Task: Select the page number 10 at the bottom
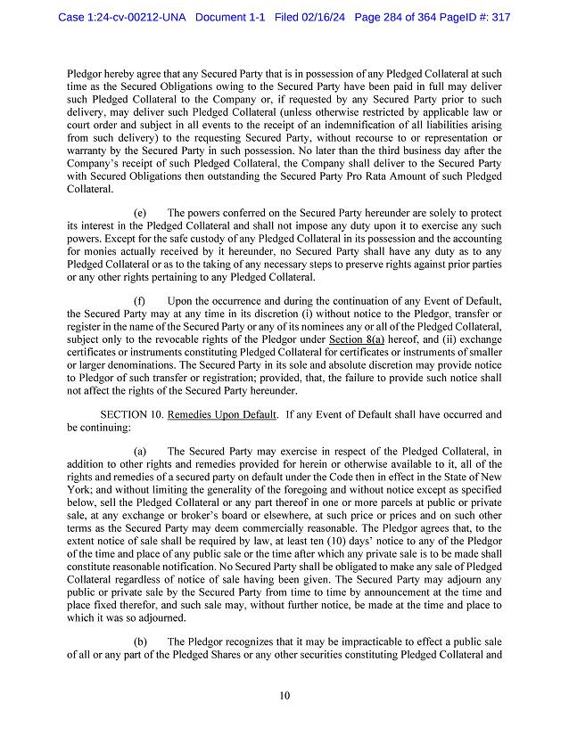click(284, 696)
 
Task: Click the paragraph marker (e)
click(140, 214)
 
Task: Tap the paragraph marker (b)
click(140, 641)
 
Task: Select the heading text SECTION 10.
click(130, 414)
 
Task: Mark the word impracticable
click(352, 641)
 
